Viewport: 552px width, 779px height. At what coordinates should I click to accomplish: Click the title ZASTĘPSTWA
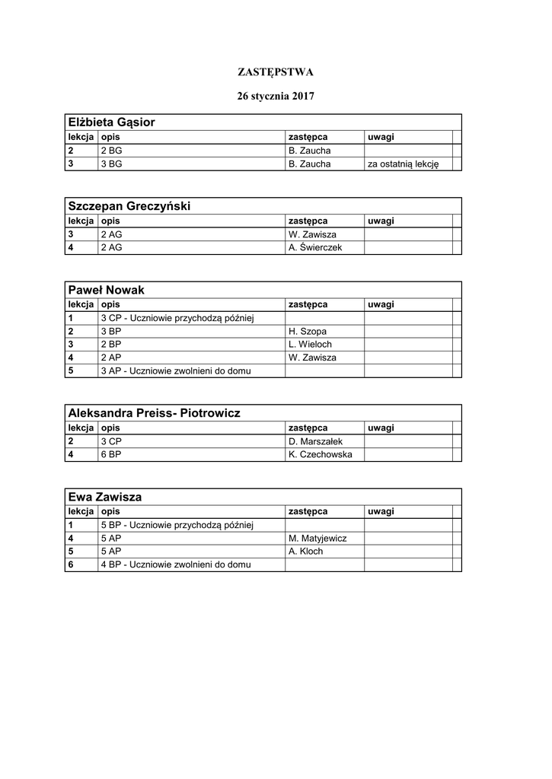(x=276, y=72)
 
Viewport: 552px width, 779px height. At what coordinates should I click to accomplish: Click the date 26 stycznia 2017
(x=276, y=97)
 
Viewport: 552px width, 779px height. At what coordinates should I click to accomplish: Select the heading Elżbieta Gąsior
(x=112, y=122)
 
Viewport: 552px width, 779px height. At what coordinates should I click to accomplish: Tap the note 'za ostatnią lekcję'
(x=403, y=164)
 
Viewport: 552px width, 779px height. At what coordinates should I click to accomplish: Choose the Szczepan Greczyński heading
(x=129, y=206)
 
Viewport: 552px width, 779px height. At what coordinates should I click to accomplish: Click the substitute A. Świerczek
(x=316, y=247)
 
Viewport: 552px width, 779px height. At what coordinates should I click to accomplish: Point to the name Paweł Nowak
(x=107, y=290)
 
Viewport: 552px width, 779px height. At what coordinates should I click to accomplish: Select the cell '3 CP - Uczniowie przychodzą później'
(x=181, y=317)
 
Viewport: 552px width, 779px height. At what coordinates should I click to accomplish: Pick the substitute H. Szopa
(x=308, y=331)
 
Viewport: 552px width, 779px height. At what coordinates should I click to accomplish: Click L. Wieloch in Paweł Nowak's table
(x=311, y=344)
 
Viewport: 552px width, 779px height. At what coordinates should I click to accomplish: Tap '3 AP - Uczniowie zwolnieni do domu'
(x=176, y=371)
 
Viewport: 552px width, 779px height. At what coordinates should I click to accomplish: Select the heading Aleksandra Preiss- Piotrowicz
(x=155, y=413)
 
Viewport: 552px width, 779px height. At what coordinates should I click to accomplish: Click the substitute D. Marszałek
(x=316, y=440)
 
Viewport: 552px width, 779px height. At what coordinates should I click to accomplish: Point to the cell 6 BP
(x=111, y=454)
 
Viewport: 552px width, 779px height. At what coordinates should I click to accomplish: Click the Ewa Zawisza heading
(x=105, y=497)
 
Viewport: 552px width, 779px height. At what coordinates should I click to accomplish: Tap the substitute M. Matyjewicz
(x=318, y=538)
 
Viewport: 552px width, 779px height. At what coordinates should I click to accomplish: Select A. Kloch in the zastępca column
(x=306, y=552)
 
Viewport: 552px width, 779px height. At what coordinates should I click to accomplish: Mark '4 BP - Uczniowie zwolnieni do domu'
(x=176, y=564)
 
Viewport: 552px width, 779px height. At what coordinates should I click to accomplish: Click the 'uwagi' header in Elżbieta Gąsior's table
(x=381, y=137)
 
